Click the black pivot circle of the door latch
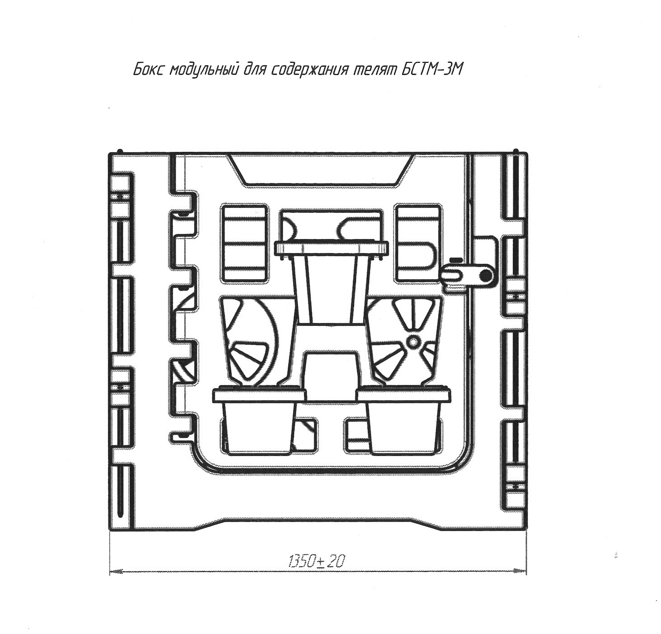click(x=486, y=276)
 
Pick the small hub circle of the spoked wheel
click(x=413, y=342)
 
